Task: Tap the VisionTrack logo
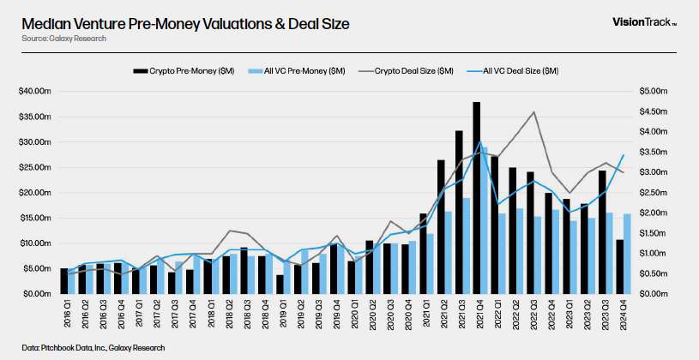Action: (642, 23)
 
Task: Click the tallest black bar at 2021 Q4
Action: (476, 197)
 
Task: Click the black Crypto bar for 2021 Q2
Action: (441, 226)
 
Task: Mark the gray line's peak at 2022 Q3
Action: (534, 112)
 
